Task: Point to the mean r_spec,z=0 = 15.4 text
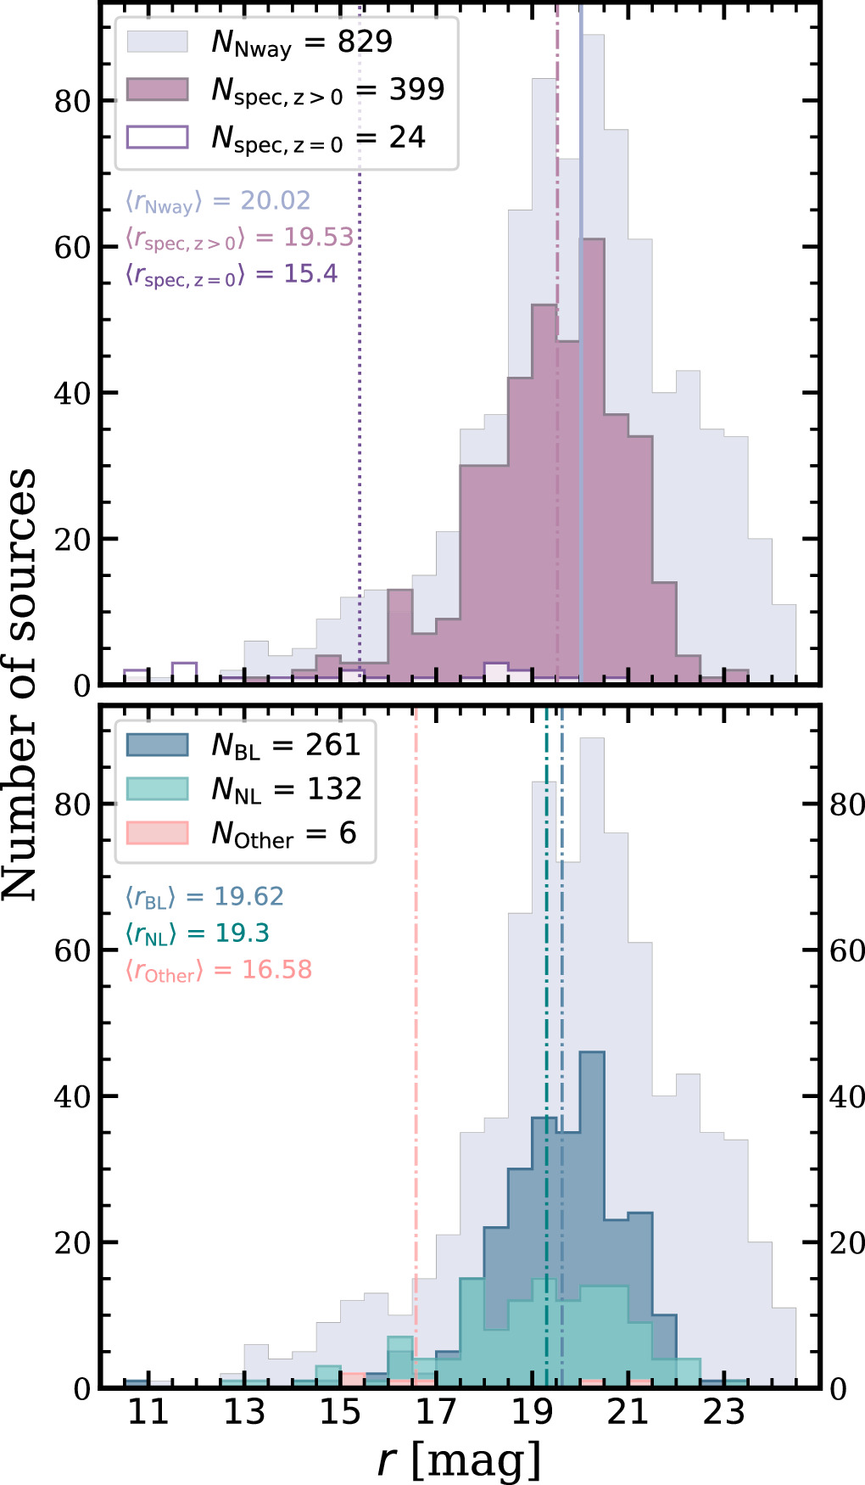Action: pyautogui.click(x=232, y=274)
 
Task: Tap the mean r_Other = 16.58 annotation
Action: pyautogui.click(x=219, y=970)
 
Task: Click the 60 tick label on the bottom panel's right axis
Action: pyautogui.click(x=846, y=950)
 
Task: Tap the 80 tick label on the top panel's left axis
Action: pyautogui.click(x=72, y=101)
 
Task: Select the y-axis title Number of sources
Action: pyautogui.click(x=21, y=683)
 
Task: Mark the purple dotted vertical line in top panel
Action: pyautogui.click(x=360, y=424)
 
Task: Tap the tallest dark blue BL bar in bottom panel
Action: pyautogui.click(x=592, y=1188)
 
